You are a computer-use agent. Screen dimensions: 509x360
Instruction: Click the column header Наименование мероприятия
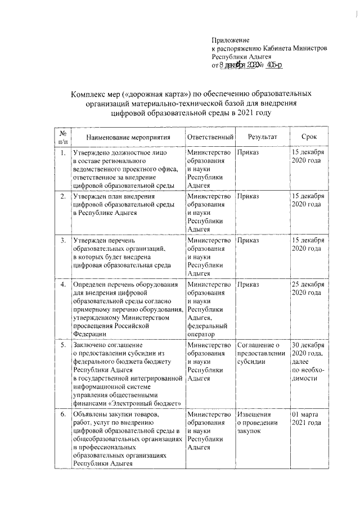[x=129, y=137]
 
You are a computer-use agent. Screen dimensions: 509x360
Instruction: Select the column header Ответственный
[x=210, y=137]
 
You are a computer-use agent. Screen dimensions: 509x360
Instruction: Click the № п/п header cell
[x=63, y=137]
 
